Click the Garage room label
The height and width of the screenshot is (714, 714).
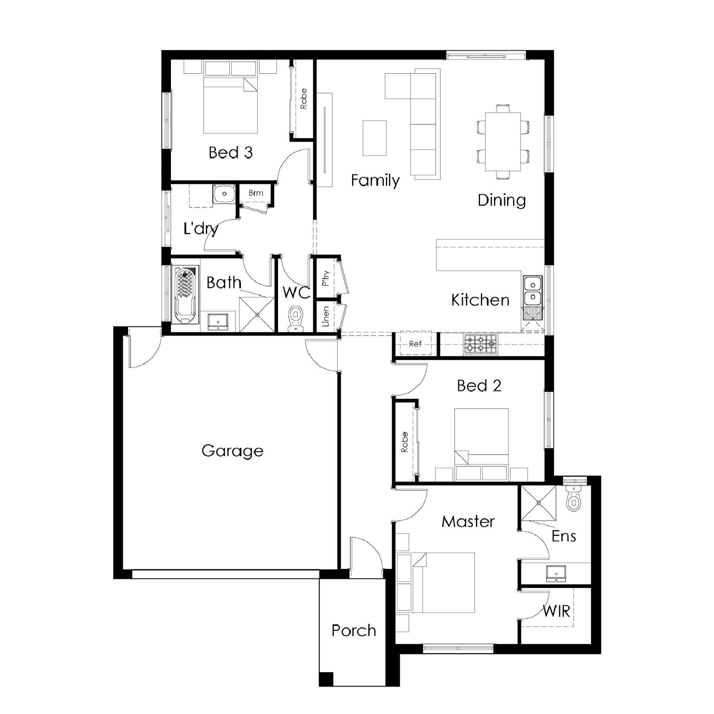[x=232, y=451]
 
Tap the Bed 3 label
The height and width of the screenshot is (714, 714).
[x=230, y=152]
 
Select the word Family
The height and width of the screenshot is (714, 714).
[x=375, y=180]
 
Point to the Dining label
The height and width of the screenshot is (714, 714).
[x=502, y=200]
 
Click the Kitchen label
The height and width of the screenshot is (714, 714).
[x=480, y=300]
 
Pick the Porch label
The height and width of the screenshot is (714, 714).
[x=354, y=630]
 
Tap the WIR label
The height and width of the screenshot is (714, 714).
[x=556, y=611]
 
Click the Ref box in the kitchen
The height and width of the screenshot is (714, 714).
[x=415, y=344]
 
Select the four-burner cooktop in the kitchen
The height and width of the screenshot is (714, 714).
[x=480, y=344]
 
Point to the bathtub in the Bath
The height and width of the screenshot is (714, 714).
[x=185, y=296]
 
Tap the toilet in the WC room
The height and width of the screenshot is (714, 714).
[x=296, y=319]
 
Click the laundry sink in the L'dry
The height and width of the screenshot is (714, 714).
[x=223, y=194]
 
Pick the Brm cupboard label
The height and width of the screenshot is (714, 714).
[x=256, y=193]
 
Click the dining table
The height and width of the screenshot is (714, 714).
[x=503, y=141]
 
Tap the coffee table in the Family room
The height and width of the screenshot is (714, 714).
[x=375, y=138]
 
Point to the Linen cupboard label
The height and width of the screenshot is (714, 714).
[x=326, y=317]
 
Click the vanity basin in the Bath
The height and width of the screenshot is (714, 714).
[x=218, y=322]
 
